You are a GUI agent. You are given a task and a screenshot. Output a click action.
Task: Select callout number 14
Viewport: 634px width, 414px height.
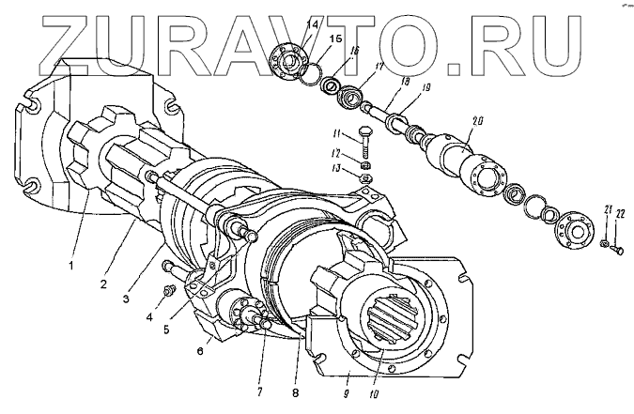(x=313, y=23)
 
